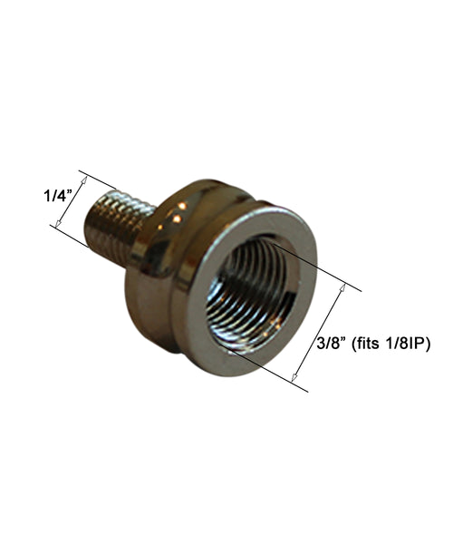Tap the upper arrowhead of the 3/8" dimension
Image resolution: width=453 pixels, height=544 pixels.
pos(342,287)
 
